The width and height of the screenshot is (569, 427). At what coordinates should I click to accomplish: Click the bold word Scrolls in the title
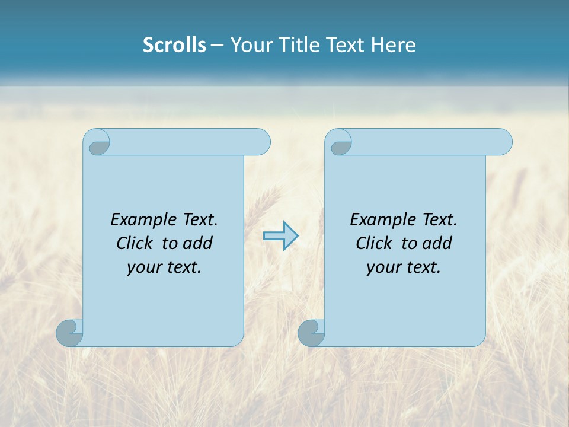click(175, 45)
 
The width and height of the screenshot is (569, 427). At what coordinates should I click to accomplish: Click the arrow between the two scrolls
click(281, 236)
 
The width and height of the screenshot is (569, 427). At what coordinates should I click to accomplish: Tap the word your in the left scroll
click(142, 268)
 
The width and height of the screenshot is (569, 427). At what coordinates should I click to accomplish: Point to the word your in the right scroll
click(382, 268)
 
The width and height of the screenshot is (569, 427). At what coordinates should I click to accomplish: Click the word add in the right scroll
click(437, 243)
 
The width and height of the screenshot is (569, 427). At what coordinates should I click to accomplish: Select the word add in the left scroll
click(198, 243)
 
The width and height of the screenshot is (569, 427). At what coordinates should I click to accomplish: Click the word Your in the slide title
click(249, 45)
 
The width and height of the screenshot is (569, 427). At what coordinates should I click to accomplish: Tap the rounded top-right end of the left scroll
click(261, 142)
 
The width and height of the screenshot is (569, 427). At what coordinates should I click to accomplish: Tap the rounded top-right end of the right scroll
click(503, 142)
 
